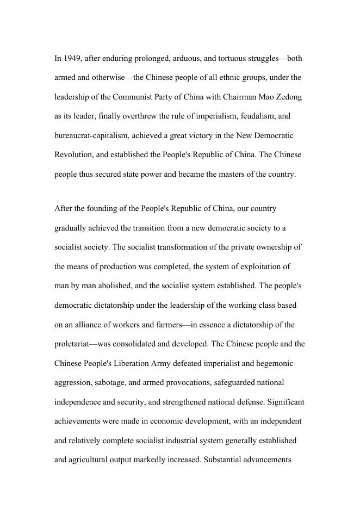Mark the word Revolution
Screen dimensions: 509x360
[73, 155]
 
